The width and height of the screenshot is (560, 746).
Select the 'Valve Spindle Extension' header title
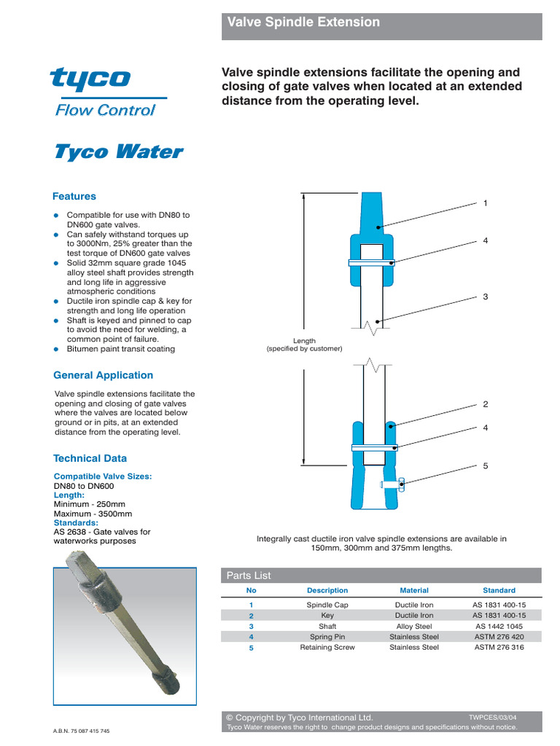pyautogui.click(x=303, y=23)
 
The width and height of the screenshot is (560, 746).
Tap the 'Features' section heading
pyautogui.click(x=74, y=196)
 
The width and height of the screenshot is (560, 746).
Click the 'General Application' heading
pyautogui.click(x=104, y=375)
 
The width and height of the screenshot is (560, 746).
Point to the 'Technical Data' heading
pyautogui.click(x=90, y=458)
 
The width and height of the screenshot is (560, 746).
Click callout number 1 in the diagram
pyautogui.click(x=485, y=203)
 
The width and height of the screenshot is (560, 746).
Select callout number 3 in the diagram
pyautogui.click(x=485, y=297)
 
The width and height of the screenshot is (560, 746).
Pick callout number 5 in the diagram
pyautogui.click(x=485, y=465)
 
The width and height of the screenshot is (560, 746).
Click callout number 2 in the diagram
pyautogui.click(x=485, y=404)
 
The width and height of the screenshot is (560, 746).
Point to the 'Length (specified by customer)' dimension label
pyautogui.click(x=304, y=345)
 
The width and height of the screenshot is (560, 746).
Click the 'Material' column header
pyautogui.click(x=414, y=590)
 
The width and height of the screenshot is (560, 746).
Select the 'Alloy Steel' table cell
pyautogui.click(x=414, y=626)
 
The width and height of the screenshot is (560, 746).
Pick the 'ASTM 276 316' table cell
pyautogui.click(x=499, y=647)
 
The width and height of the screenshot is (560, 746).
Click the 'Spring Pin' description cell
pyautogui.click(x=327, y=637)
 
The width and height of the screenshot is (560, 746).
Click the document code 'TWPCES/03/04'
pyautogui.click(x=493, y=717)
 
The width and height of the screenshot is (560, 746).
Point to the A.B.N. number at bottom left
pyautogui.click(x=82, y=731)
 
